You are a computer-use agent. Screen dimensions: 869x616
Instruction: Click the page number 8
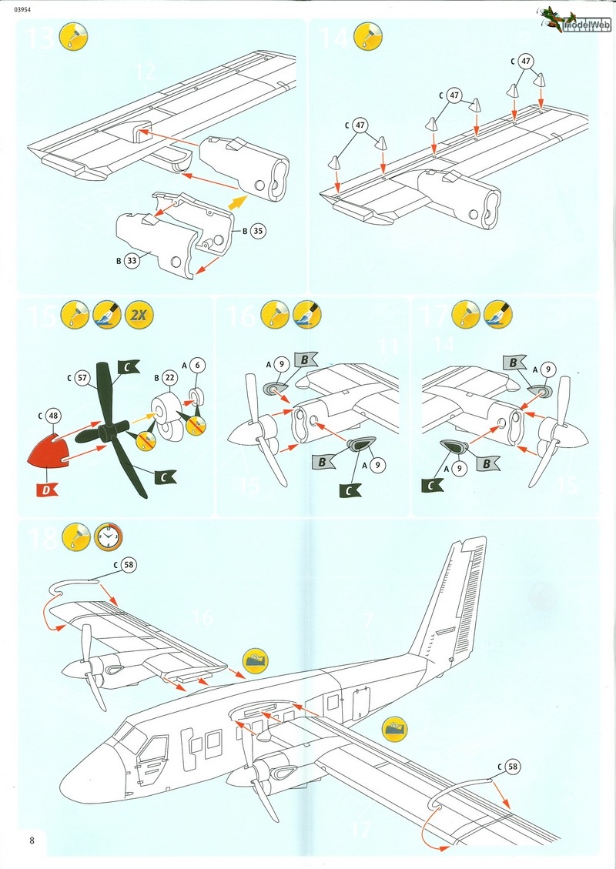point(31,840)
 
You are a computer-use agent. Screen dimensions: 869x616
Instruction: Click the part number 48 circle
point(52,415)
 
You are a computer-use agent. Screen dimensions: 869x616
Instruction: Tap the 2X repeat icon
point(139,315)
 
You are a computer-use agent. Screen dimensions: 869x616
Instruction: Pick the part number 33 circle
point(132,261)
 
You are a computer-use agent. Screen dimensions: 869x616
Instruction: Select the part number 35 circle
point(257,230)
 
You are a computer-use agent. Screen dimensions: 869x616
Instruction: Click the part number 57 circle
point(82,378)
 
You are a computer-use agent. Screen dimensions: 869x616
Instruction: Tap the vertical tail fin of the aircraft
point(454,600)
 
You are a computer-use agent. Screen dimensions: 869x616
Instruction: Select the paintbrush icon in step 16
point(306,315)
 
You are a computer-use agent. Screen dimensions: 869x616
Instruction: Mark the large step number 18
point(42,536)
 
